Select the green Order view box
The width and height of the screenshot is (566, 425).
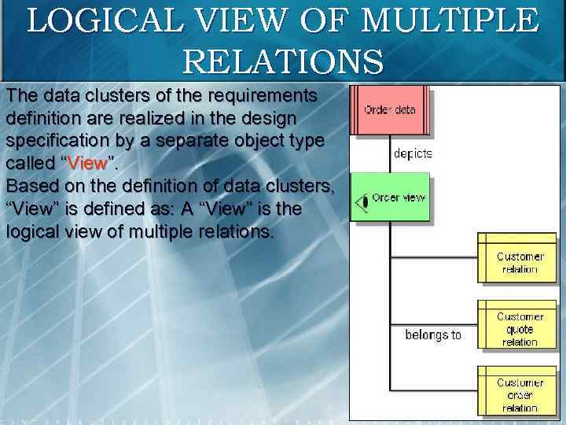tap(391, 198)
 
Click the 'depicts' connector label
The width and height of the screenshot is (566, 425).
tap(413, 154)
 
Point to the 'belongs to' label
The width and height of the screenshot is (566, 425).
tap(433, 335)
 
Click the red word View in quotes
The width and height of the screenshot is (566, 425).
tap(87, 164)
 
